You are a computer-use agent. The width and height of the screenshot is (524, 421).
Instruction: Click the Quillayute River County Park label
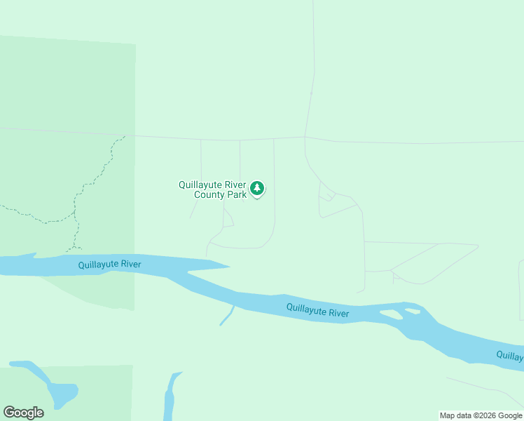tap(212, 189)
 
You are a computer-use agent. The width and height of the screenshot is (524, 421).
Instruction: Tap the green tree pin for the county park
tap(258, 188)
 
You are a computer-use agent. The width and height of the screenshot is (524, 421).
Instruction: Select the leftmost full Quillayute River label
tap(109, 265)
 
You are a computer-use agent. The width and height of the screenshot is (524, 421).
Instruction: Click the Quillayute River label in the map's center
tap(317, 310)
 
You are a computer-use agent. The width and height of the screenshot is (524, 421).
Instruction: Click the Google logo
tap(23, 413)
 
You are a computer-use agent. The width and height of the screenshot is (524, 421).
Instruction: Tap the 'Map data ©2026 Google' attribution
tap(481, 415)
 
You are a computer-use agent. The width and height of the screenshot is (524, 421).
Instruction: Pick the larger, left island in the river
tap(391, 314)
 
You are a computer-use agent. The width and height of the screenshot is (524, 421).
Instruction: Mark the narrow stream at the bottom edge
tap(170, 396)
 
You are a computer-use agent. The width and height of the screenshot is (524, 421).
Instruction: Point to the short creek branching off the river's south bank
tap(226, 316)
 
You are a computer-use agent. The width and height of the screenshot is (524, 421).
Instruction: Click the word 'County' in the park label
tap(210, 194)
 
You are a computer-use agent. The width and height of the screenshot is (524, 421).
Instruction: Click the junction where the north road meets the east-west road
tap(305, 138)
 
